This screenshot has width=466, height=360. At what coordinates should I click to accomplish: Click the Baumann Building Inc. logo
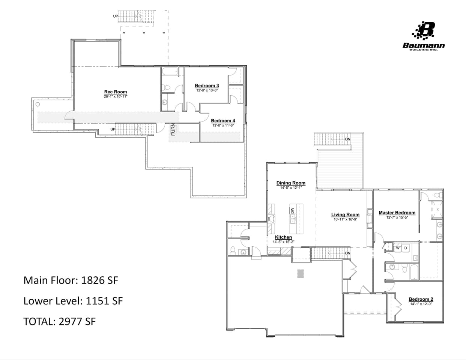click(x=424, y=36)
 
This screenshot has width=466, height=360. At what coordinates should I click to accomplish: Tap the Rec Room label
click(x=116, y=92)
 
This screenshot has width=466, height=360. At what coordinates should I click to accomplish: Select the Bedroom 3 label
click(x=207, y=86)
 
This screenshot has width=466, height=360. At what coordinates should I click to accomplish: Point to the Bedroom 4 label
click(x=223, y=121)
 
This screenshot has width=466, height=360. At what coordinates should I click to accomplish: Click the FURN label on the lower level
click(x=173, y=129)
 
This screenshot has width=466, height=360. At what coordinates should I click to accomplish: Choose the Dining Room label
click(x=291, y=183)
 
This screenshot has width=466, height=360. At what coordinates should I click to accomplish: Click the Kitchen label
click(x=283, y=237)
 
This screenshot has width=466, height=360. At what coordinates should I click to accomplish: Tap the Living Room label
click(x=345, y=215)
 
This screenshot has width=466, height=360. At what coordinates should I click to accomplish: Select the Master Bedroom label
click(x=397, y=213)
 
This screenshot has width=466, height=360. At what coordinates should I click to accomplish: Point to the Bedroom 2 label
click(x=421, y=299)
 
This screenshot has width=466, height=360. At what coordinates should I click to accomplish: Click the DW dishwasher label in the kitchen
click(x=293, y=211)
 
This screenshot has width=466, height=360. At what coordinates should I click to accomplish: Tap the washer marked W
click(x=398, y=248)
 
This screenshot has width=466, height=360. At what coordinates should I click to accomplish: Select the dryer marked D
click(x=405, y=248)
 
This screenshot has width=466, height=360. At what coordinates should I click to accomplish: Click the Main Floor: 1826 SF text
click(x=71, y=280)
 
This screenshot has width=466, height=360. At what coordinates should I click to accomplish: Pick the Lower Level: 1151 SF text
click(x=73, y=301)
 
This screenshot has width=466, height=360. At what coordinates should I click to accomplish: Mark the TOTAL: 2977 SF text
click(x=59, y=321)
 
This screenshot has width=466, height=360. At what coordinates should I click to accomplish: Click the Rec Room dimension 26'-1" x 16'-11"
click(x=116, y=97)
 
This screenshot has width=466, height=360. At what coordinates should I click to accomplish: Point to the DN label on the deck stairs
click(x=347, y=139)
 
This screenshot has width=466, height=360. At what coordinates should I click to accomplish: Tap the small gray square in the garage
click(x=301, y=273)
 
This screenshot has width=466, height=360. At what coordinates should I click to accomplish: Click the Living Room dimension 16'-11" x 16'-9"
click(x=345, y=219)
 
